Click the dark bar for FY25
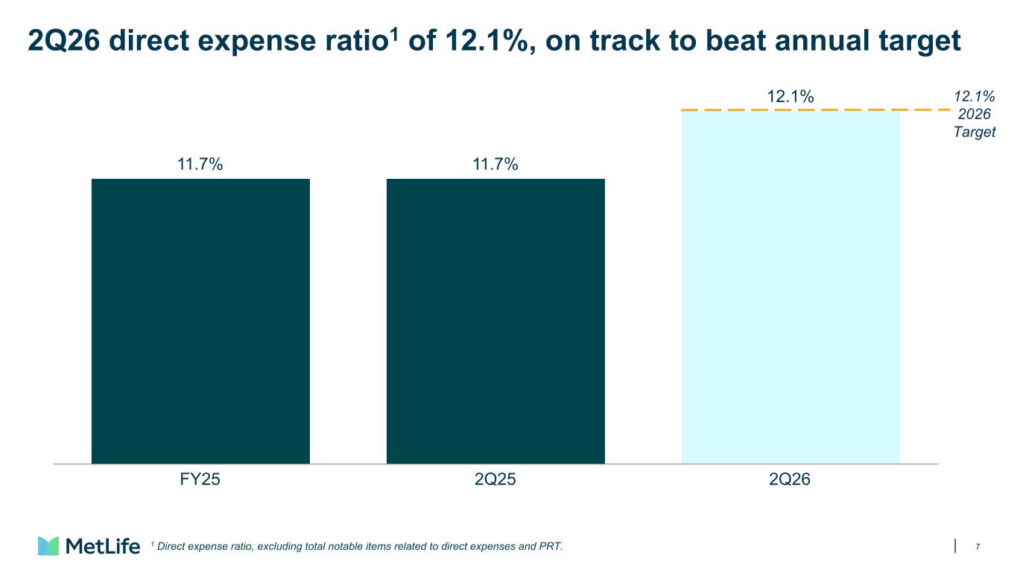(200, 321)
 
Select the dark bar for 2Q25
(495, 321)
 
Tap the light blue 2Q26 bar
(791, 288)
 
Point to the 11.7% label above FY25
(200, 164)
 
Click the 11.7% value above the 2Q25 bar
(495, 164)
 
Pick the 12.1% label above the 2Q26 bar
(791, 96)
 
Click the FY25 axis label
(200, 479)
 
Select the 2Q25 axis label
(495, 479)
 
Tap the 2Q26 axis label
(790, 479)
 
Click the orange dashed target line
(815, 110)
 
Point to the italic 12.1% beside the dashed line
(975, 96)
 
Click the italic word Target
(975, 132)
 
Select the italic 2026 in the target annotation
(975, 114)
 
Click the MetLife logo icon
(48, 545)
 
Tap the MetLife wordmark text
(103, 546)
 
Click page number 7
(978, 547)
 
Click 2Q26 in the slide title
(64, 41)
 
